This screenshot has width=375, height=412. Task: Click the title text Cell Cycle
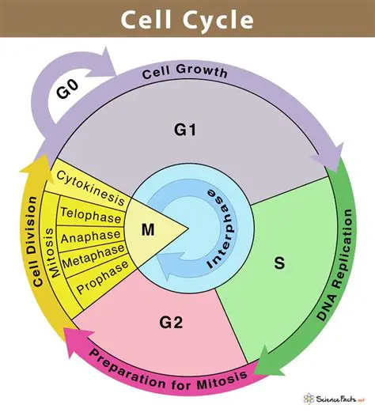187,20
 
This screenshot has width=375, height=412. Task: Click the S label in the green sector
279,263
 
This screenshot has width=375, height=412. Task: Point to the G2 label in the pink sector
172,323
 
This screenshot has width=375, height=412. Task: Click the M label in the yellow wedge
147,230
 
